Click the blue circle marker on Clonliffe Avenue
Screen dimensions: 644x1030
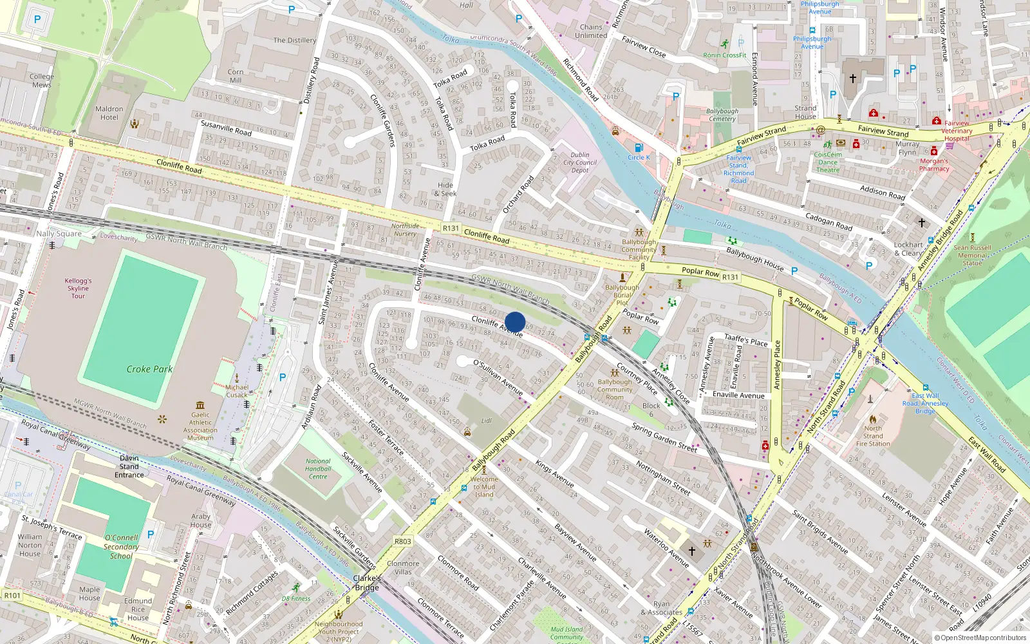coord(515,322)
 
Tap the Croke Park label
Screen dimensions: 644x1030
coord(149,369)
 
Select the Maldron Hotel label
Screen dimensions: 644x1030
coord(109,113)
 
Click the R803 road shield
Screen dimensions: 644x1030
coord(402,541)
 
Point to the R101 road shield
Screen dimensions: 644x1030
coord(12,595)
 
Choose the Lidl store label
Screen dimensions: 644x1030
coord(487,421)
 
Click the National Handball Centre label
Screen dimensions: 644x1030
coord(318,469)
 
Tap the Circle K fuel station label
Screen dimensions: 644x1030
coord(639,157)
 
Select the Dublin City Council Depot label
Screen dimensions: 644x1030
coord(580,162)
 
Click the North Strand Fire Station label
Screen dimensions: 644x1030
coord(873,436)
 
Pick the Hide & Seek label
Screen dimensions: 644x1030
coord(445,189)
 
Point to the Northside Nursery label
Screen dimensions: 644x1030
coord(405,230)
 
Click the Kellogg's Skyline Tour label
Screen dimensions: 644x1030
coord(78,289)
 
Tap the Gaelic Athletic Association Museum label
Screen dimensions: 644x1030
coord(200,426)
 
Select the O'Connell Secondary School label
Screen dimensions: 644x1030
coord(121,547)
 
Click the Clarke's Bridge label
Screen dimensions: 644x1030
coord(367,583)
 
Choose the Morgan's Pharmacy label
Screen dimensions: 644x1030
coord(934,165)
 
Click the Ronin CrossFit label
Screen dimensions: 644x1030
coord(725,55)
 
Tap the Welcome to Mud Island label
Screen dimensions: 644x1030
coord(484,487)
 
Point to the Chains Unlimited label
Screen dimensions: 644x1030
coord(591,31)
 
